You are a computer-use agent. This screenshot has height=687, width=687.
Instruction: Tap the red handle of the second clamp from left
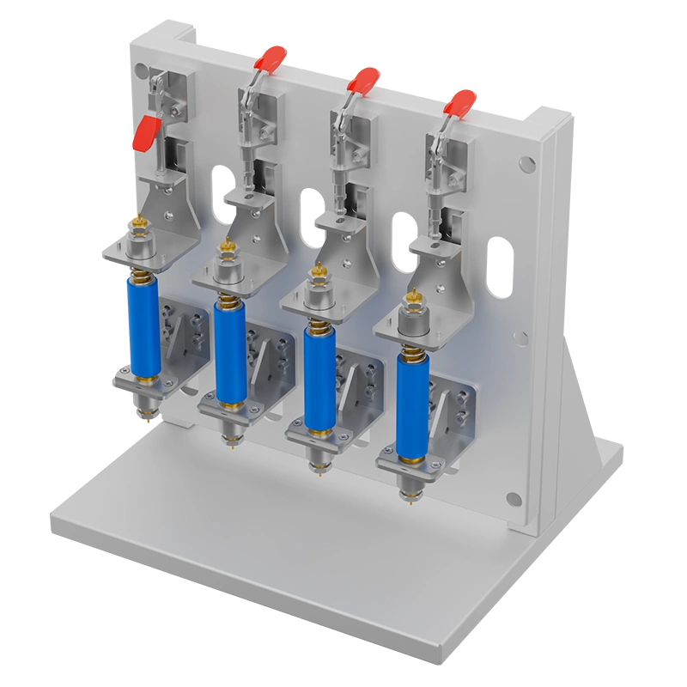coord(270,61)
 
